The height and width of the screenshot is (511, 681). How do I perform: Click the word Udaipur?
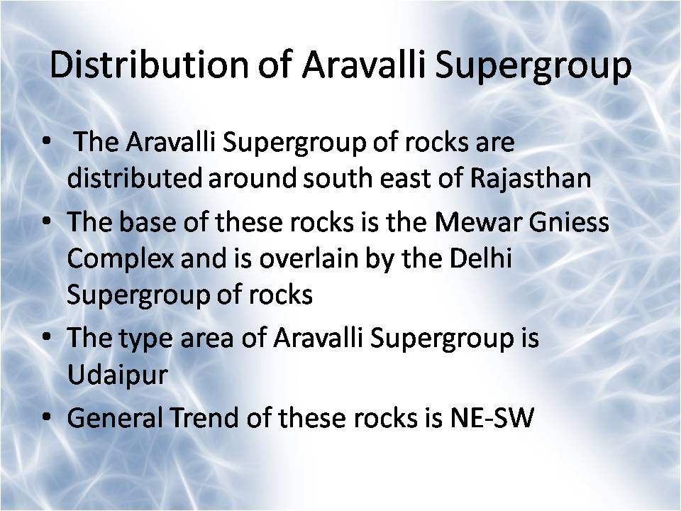(117, 375)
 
